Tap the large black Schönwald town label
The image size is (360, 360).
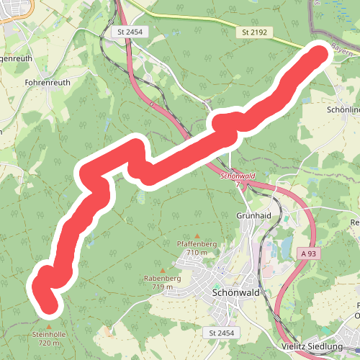(x=235, y=294)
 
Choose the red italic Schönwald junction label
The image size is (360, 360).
(x=238, y=176)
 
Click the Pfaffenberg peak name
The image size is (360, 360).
(x=197, y=244)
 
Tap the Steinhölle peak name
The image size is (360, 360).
(x=49, y=335)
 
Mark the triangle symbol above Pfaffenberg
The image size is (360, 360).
(x=197, y=235)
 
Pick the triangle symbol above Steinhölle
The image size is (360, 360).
(x=49, y=326)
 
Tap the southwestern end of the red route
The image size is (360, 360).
(x=49, y=306)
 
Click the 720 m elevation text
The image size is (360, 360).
(x=49, y=343)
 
